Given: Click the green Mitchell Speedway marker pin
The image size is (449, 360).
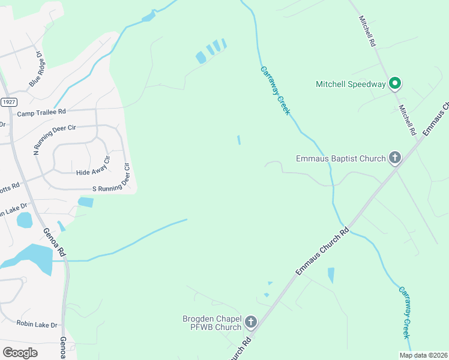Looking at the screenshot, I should (x=395, y=83).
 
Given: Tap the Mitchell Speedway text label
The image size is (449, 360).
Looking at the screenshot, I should (x=351, y=84).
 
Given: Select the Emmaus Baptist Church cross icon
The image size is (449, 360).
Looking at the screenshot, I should (x=395, y=158).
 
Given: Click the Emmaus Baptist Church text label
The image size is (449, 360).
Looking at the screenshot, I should (x=340, y=158).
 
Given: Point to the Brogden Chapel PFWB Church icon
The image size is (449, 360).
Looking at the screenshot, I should (x=251, y=322).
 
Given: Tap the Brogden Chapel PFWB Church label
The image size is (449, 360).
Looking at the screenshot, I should (x=212, y=323).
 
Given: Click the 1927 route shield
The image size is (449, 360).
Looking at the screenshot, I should (x=8, y=102).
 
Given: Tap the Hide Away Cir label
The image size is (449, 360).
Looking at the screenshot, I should (x=94, y=169).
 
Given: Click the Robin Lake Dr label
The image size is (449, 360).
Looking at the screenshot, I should (x=37, y=325).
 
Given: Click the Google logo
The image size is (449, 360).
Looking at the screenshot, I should (x=20, y=352).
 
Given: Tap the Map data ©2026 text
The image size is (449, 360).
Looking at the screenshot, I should (x=423, y=355).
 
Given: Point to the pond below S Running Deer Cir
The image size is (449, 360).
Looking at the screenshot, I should (x=85, y=202).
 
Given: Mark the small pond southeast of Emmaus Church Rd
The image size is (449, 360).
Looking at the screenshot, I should (x=331, y=275).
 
